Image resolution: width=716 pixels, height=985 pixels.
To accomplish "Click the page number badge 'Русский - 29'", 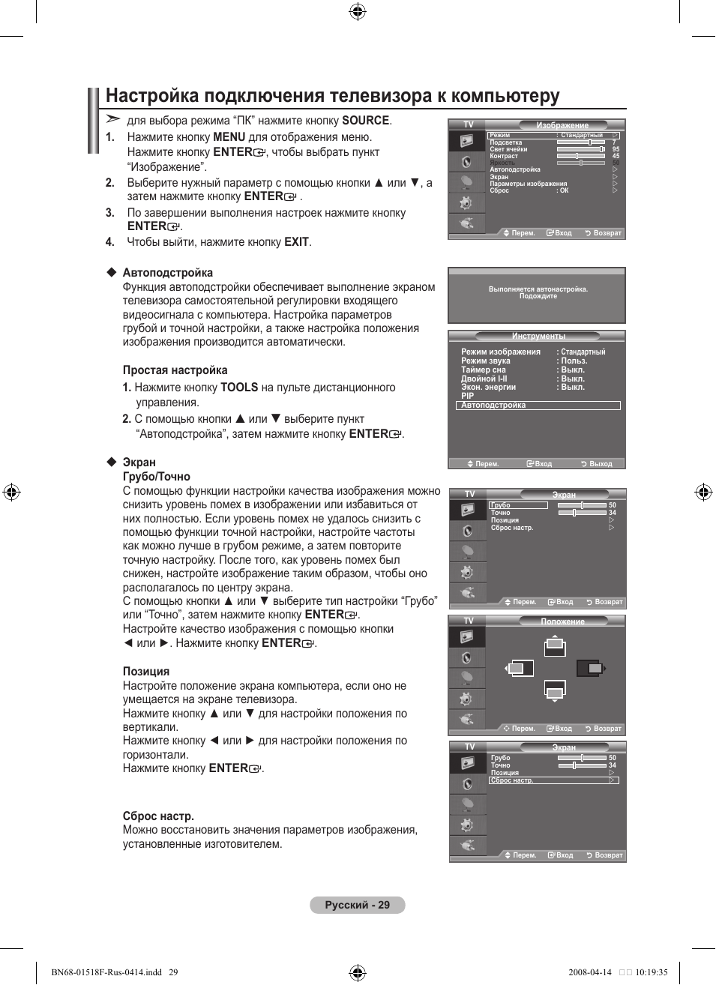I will click(x=357, y=905).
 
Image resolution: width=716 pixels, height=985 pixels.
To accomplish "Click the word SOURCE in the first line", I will click(x=365, y=121).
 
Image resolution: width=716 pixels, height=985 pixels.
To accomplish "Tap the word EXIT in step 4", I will click(x=296, y=242).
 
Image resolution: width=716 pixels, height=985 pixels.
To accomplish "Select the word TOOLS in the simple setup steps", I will click(x=239, y=388).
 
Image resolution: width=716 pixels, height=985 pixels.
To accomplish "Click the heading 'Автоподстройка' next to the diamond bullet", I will click(x=167, y=273).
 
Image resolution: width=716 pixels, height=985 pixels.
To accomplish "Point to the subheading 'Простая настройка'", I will click(x=175, y=370).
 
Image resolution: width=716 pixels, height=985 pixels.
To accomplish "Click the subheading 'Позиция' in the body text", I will click(x=146, y=672).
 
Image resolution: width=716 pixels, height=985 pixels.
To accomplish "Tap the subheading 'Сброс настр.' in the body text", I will click(x=158, y=816).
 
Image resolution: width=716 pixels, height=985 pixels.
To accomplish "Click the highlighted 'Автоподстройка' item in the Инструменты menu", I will click(x=538, y=406).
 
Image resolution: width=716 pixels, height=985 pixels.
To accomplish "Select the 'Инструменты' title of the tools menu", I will click(x=538, y=337).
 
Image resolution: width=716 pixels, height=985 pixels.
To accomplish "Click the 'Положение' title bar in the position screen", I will click(x=562, y=621).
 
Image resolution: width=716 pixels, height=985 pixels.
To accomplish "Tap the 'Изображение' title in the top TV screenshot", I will click(x=562, y=125).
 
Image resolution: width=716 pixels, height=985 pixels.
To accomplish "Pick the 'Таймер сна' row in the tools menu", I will click(x=484, y=370).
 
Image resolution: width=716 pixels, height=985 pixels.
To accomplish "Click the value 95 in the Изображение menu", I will click(x=616, y=149).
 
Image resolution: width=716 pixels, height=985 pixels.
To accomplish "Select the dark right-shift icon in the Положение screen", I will click(x=591, y=668).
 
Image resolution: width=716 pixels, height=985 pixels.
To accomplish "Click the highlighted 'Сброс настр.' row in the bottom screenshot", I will click(x=553, y=780).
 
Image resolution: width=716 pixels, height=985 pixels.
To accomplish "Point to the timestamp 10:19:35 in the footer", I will click(x=651, y=972).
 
